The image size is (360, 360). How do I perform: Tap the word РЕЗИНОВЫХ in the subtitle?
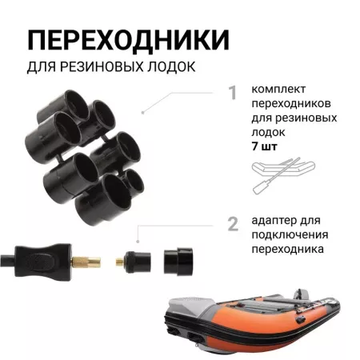tap(99, 65)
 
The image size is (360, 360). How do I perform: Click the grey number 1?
tap(233, 94)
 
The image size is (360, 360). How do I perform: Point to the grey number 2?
tap(233, 223)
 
